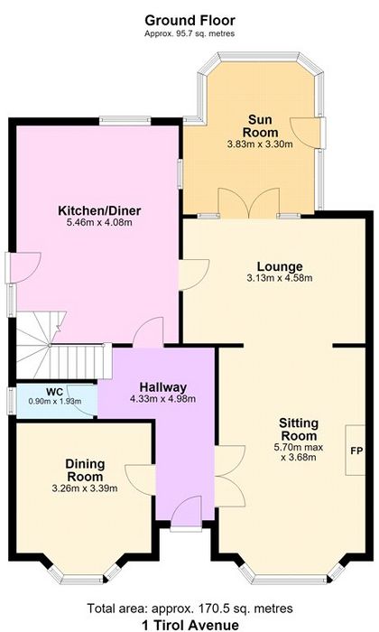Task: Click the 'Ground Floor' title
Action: click(x=189, y=20)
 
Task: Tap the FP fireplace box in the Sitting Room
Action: click(x=356, y=451)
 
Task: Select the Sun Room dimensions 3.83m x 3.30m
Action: click(x=260, y=144)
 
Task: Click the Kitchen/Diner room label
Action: click(x=99, y=210)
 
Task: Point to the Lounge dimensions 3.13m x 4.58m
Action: click(x=280, y=278)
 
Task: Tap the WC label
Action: click(x=54, y=392)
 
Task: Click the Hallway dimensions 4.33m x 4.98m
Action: click(x=162, y=399)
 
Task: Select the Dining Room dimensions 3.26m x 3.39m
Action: click(x=85, y=488)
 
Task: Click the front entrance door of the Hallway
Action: click(x=186, y=512)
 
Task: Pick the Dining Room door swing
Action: click(x=140, y=480)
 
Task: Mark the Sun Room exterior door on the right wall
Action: click(x=307, y=133)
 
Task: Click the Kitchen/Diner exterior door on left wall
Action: click(x=23, y=267)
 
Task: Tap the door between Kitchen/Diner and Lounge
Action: click(x=194, y=274)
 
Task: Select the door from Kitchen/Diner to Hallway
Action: click(x=148, y=332)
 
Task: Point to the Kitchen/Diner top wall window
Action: click(x=125, y=119)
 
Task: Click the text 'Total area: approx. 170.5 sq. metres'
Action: click(x=190, y=608)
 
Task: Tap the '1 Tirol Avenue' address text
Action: click(x=190, y=625)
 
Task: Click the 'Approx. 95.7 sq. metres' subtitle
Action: click(x=189, y=34)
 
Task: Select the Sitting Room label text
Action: click(x=299, y=429)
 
